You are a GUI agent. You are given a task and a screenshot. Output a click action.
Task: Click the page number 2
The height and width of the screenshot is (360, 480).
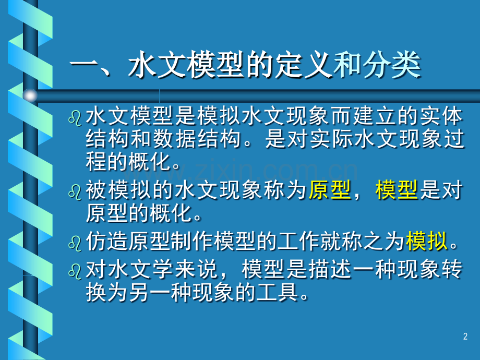click(x=465, y=337)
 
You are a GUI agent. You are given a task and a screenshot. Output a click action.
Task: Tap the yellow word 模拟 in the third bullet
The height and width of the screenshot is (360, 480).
click(x=427, y=242)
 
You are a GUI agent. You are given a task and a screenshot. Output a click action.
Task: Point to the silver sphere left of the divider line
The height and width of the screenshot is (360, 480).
click(x=30, y=95)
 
